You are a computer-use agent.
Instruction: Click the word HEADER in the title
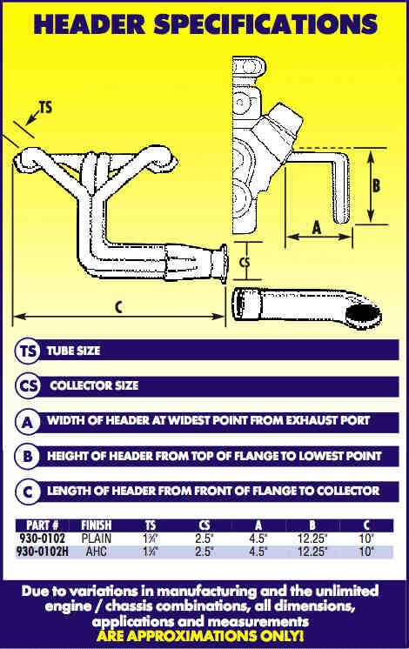click(x=90, y=23)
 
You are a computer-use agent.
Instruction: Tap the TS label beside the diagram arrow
click(x=45, y=107)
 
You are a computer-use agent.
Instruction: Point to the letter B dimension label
click(x=376, y=185)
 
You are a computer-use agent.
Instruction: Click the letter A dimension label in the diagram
click(x=317, y=227)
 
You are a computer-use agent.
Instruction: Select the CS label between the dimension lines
click(x=245, y=263)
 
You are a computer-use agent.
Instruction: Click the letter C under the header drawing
click(x=119, y=307)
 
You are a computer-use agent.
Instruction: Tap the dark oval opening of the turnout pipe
click(x=363, y=315)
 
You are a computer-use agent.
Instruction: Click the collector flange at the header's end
click(x=220, y=264)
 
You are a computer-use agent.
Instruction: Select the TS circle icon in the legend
click(x=28, y=351)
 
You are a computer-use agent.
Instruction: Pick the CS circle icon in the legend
click(x=28, y=386)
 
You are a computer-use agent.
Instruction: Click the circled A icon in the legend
click(x=28, y=422)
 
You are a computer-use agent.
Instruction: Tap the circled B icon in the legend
click(x=28, y=457)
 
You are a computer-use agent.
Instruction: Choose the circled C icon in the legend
click(x=28, y=492)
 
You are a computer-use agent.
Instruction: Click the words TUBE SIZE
click(x=73, y=351)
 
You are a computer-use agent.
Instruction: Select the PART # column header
click(x=43, y=525)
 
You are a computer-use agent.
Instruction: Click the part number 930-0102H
click(x=43, y=552)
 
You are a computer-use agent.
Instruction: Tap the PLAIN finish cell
click(x=96, y=539)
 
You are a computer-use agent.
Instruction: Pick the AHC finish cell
click(x=96, y=552)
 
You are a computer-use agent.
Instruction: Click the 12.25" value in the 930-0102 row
click(x=312, y=539)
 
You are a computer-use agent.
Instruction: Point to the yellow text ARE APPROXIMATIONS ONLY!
click(x=200, y=636)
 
